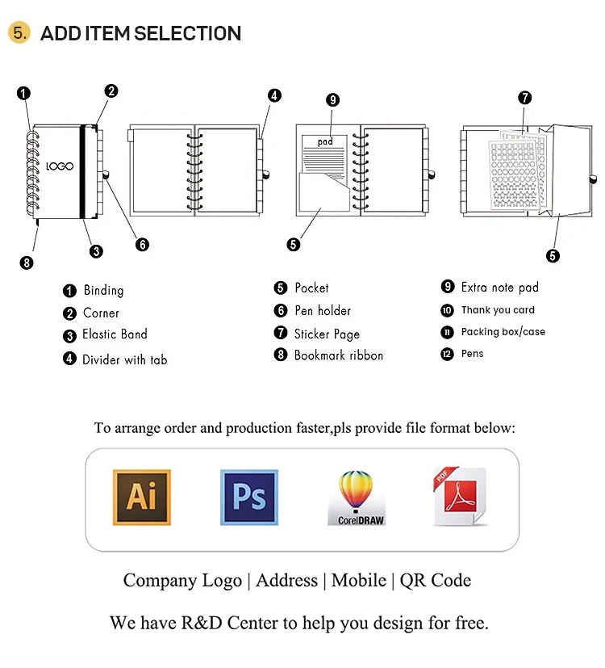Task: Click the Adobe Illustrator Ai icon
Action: coord(141,497)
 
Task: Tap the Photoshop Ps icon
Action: coord(248,497)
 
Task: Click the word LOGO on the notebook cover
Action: coord(60,166)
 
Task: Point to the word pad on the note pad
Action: coord(325,141)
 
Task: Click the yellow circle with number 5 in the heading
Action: coord(19,33)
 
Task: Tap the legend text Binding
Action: coord(103,290)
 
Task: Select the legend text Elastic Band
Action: coord(115,334)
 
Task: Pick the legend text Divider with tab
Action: coord(124,359)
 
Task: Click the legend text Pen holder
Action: coord(323,310)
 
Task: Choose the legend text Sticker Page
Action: coord(327,334)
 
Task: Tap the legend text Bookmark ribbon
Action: coord(338,355)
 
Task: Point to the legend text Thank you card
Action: coord(498,310)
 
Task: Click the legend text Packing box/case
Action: coord(503,332)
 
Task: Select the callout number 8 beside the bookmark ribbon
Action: coord(27,262)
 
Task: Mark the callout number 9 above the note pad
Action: coord(332,100)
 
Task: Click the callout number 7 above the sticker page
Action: coord(525,99)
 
